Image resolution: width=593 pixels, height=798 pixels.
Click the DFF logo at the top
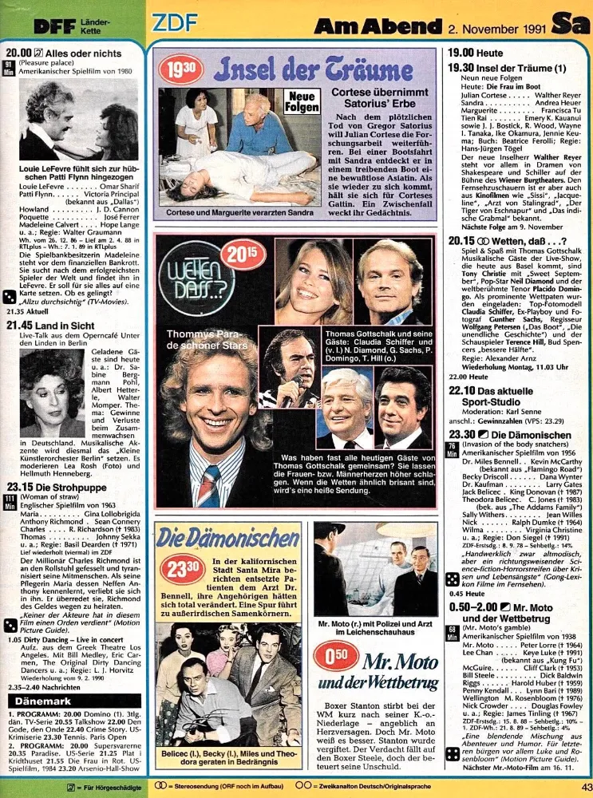53,25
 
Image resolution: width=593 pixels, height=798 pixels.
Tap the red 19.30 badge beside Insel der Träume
179,69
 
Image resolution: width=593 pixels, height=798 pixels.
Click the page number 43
584,788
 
